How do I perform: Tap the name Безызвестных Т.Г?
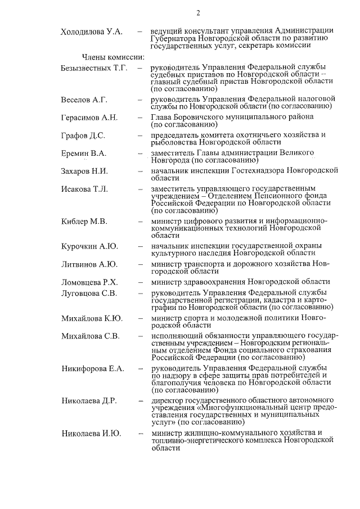[94, 69]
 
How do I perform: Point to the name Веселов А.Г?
[84, 100]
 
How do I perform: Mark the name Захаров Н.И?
[84, 171]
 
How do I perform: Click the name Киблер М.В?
[84, 221]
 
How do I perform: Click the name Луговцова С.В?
[89, 293]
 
